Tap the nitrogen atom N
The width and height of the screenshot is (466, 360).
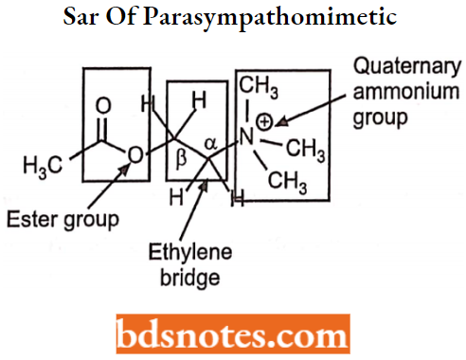[x=245, y=139]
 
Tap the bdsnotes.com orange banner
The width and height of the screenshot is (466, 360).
[x=233, y=335]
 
